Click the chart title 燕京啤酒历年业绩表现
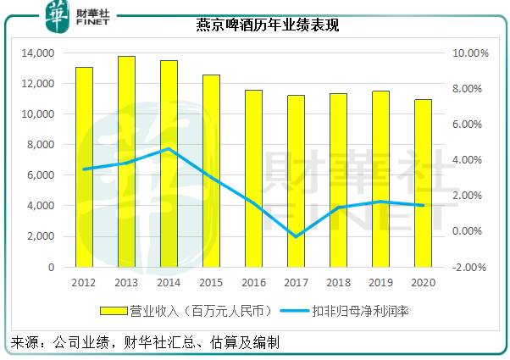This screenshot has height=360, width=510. [x=262, y=26]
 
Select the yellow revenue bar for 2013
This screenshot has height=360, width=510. [x=126, y=161]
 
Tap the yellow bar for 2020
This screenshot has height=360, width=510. [x=423, y=183]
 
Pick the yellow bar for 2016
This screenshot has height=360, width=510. [x=253, y=178]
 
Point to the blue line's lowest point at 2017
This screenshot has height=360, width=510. [x=296, y=236]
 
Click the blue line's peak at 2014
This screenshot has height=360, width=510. [x=169, y=149]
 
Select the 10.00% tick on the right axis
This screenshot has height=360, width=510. [x=468, y=53]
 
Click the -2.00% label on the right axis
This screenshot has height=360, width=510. [x=468, y=267]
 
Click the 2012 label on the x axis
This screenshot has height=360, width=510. [x=84, y=283]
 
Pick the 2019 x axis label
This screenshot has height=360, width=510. [x=380, y=283]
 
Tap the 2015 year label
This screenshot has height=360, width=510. [x=211, y=283]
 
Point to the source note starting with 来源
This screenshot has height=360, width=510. [x=144, y=343]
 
